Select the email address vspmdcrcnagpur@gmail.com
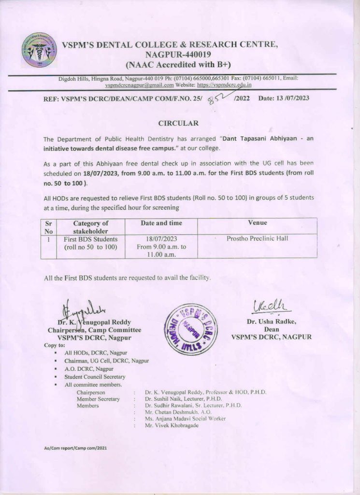[x=139, y=85]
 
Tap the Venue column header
[x=257, y=223]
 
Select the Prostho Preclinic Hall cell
[x=257, y=239]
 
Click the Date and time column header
[x=161, y=223]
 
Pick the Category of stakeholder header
[x=91, y=227]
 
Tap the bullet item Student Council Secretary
[x=95, y=377]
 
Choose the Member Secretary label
[x=98, y=399]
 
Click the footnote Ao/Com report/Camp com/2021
[x=75, y=448]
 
